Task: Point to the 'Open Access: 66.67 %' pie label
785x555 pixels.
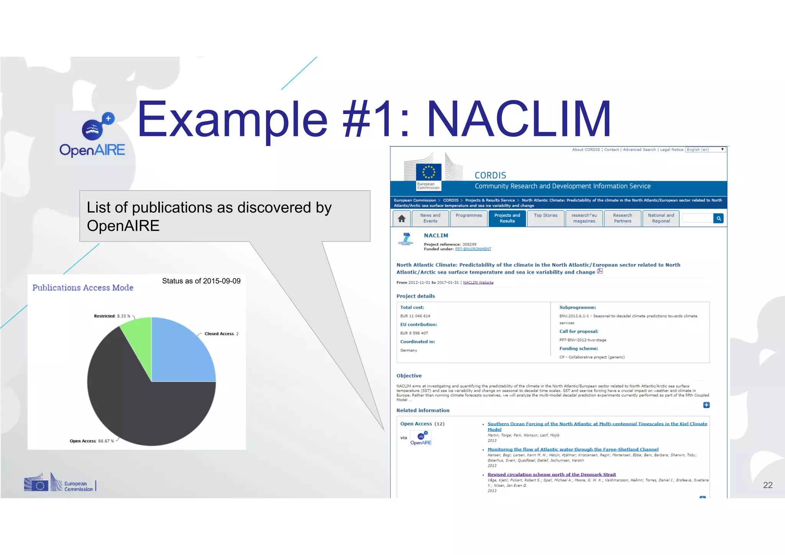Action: click(92, 441)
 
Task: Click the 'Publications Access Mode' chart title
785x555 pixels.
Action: click(83, 288)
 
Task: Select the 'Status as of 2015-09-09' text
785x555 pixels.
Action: click(201, 281)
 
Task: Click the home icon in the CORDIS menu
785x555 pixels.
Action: click(401, 218)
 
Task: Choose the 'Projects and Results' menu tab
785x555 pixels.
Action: click(507, 218)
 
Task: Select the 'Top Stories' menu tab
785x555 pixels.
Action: click(545, 216)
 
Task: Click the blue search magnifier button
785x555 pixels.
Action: click(719, 218)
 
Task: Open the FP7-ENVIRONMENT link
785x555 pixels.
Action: click(473, 249)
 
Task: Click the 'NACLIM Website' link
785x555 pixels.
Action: click(478, 282)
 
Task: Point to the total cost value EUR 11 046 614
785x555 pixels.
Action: click(415, 316)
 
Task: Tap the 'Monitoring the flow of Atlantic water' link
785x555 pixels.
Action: click(573, 449)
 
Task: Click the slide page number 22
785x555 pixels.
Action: click(768, 485)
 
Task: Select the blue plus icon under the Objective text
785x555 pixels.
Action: click(706, 405)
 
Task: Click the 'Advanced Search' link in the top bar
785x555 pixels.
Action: click(639, 150)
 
